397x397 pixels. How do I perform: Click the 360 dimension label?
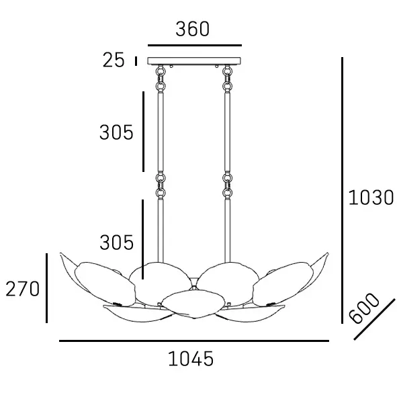click(193, 29)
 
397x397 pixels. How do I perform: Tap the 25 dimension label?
click(114, 60)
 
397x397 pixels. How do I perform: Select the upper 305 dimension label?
click(116, 132)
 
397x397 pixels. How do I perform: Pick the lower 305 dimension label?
click(116, 242)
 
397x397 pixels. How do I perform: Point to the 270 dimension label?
click(23, 289)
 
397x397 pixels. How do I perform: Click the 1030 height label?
click(371, 197)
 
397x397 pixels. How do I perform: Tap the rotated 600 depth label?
click(364, 308)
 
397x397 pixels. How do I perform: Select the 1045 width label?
click(191, 359)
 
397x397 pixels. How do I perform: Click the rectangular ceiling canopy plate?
click(194, 61)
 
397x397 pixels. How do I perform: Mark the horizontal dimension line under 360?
click(195, 45)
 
